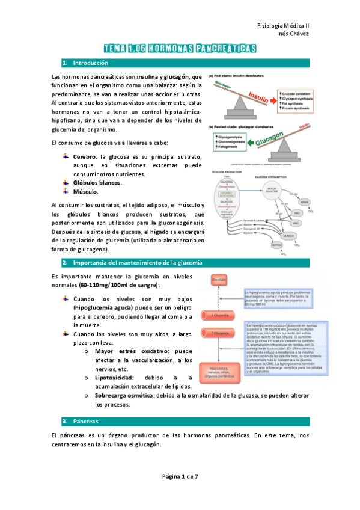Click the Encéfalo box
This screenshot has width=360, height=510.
(218, 280)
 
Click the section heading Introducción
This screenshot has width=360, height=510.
(90, 63)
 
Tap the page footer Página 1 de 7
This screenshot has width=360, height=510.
(180, 476)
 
